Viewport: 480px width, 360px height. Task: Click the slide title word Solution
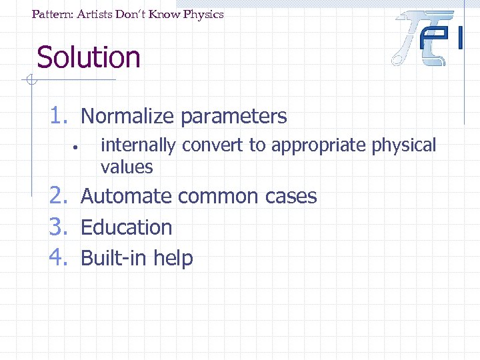click(89, 57)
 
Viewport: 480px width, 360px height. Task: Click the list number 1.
click(60, 116)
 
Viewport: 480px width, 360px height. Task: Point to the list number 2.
click(60, 196)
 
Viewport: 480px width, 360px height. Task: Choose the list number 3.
click(60, 227)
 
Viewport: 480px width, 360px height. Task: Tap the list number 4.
click(60, 257)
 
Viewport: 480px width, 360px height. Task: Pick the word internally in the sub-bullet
click(138, 146)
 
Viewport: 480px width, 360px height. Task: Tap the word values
click(127, 167)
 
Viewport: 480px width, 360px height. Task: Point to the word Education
click(127, 227)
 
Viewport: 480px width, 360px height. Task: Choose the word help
click(173, 259)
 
